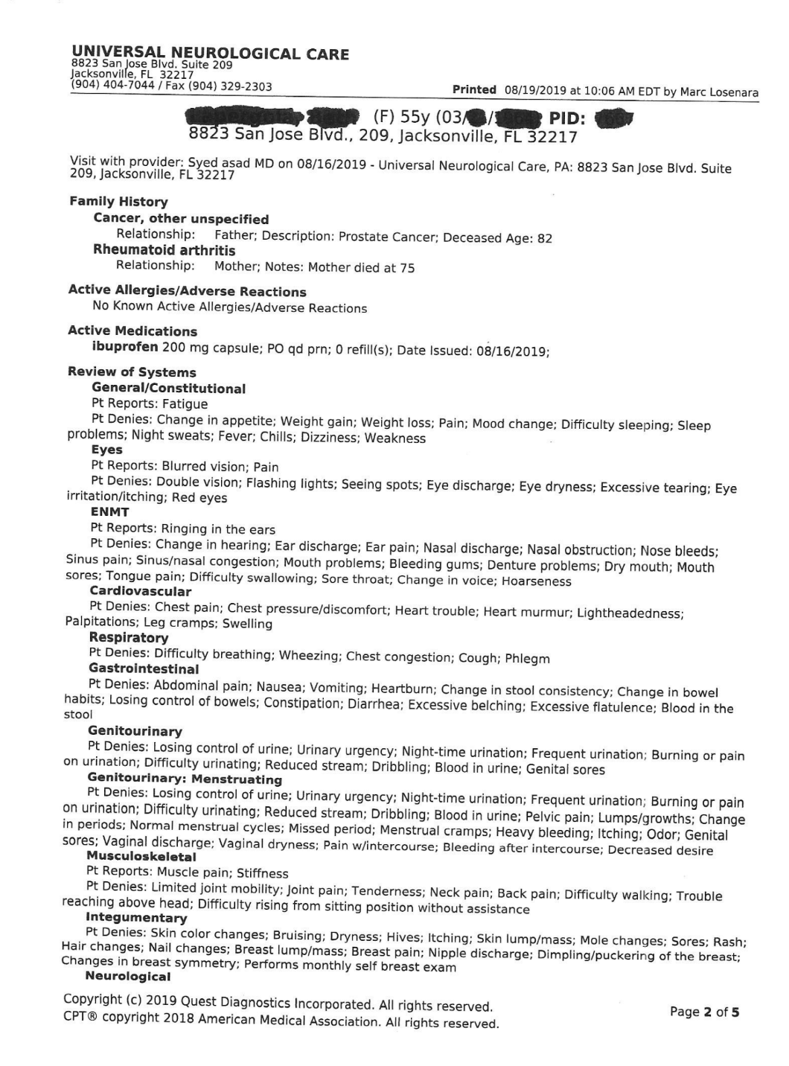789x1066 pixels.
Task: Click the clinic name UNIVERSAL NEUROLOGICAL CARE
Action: (210, 53)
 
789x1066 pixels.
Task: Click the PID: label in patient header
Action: (566, 118)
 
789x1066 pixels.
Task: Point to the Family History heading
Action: (118, 202)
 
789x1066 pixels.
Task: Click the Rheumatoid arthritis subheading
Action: (164, 250)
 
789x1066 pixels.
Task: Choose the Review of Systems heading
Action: (132, 372)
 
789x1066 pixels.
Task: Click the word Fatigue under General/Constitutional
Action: (185, 404)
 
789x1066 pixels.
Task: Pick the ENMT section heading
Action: (109, 512)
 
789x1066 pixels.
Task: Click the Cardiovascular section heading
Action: (140, 592)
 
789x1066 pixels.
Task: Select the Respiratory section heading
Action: (128, 638)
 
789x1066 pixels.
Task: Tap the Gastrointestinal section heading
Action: (143, 668)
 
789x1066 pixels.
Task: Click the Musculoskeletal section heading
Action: (141, 856)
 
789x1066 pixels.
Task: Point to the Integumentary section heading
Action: (135, 918)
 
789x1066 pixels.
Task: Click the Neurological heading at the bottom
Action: (127, 977)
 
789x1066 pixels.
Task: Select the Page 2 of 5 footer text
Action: (704, 1012)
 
